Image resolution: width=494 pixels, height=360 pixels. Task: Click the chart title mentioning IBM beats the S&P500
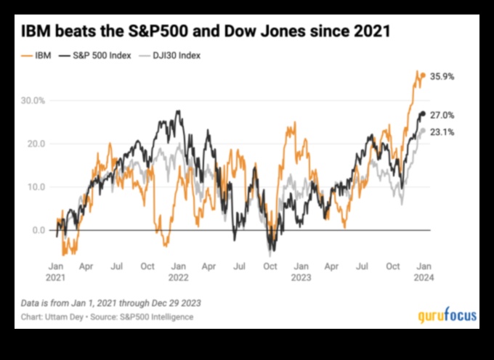point(206,32)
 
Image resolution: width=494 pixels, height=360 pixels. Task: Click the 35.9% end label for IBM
point(442,76)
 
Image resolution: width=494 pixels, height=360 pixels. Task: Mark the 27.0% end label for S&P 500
point(442,115)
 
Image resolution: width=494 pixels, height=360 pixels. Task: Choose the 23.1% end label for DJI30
point(442,132)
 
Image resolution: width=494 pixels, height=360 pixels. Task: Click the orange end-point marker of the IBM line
point(424,75)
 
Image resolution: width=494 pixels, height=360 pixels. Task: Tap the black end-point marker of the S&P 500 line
point(424,114)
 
